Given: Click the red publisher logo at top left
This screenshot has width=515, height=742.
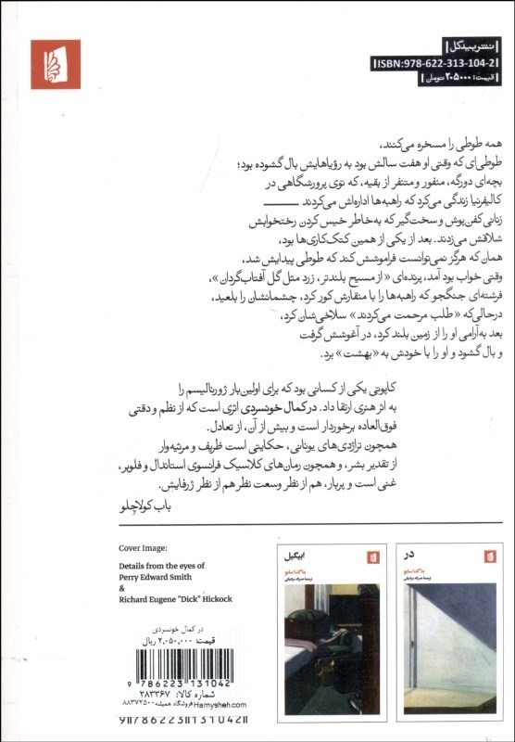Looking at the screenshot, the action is pos(56,63).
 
